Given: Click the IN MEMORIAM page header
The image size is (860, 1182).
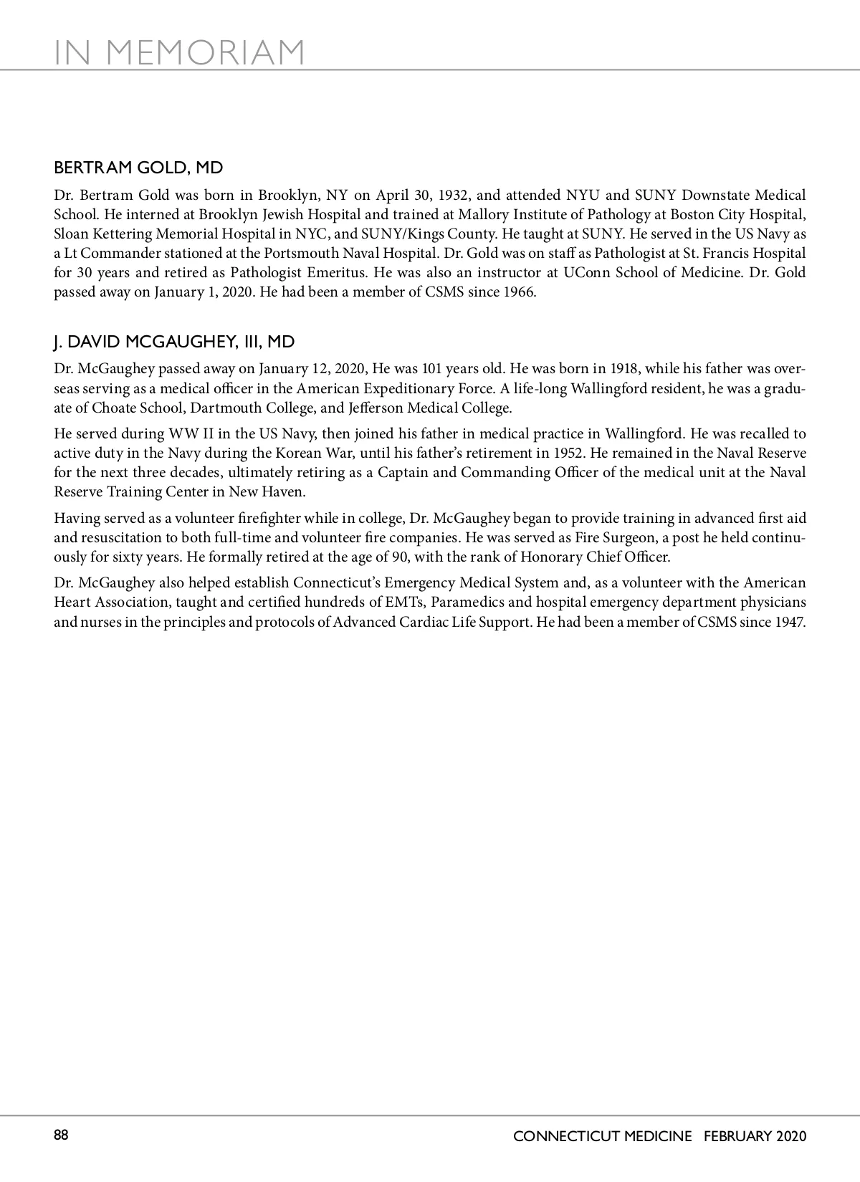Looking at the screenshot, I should tap(179, 52).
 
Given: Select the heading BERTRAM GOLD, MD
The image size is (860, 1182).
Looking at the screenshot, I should tap(138, 168).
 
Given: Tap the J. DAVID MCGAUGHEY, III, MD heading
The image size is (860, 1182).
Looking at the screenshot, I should tap(174, 342).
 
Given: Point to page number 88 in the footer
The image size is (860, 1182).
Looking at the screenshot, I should tap(61, 1135).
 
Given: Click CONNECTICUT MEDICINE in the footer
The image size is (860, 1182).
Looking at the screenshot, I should tap(603, 1136).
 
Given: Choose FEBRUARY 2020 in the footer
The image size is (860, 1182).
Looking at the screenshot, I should tap(755, 1136).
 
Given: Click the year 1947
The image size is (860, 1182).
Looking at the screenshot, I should tap(790, 622).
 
